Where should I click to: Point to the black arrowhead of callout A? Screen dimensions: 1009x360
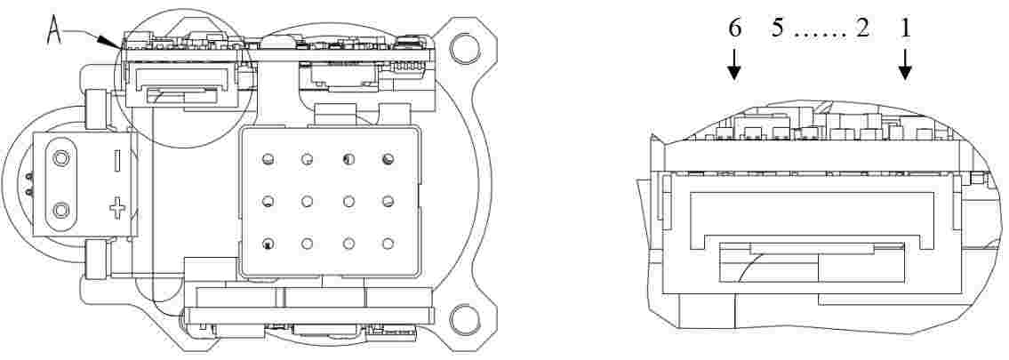point(110,43)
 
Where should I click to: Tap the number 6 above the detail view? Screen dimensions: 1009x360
point(735,29)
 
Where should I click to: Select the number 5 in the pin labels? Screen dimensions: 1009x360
point(778,29)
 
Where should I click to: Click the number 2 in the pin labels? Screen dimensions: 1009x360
point(862,29)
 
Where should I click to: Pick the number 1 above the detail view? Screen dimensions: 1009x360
point(905,29)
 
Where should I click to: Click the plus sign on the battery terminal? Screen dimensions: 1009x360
point(116,208)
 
